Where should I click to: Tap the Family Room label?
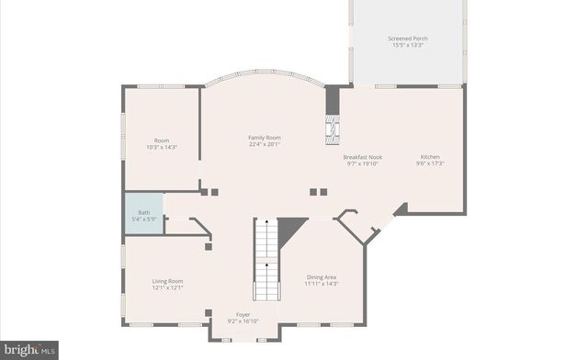(x=264, y=138)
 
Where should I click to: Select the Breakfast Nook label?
(x=363, y=157)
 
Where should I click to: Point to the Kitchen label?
(x=431, y=157)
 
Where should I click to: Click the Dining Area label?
(x=322, y=276)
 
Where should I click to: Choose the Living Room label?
(x=168, y=281)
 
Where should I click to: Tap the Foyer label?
(x=243, y=314)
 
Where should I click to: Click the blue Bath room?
(x=144, y=215)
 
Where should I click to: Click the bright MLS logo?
(x=29, y=349)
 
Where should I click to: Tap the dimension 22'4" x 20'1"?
(x=264, y=144)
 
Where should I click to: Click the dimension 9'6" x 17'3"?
(x=431, y=163)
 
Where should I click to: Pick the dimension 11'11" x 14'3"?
(x=322, y=284)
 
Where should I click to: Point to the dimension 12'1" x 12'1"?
(x=168, y=287)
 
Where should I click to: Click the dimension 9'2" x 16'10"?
(x=243, y=321)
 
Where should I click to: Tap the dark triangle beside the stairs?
(x=291, y=226)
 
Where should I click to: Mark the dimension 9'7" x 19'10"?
(x=363, y=163)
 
